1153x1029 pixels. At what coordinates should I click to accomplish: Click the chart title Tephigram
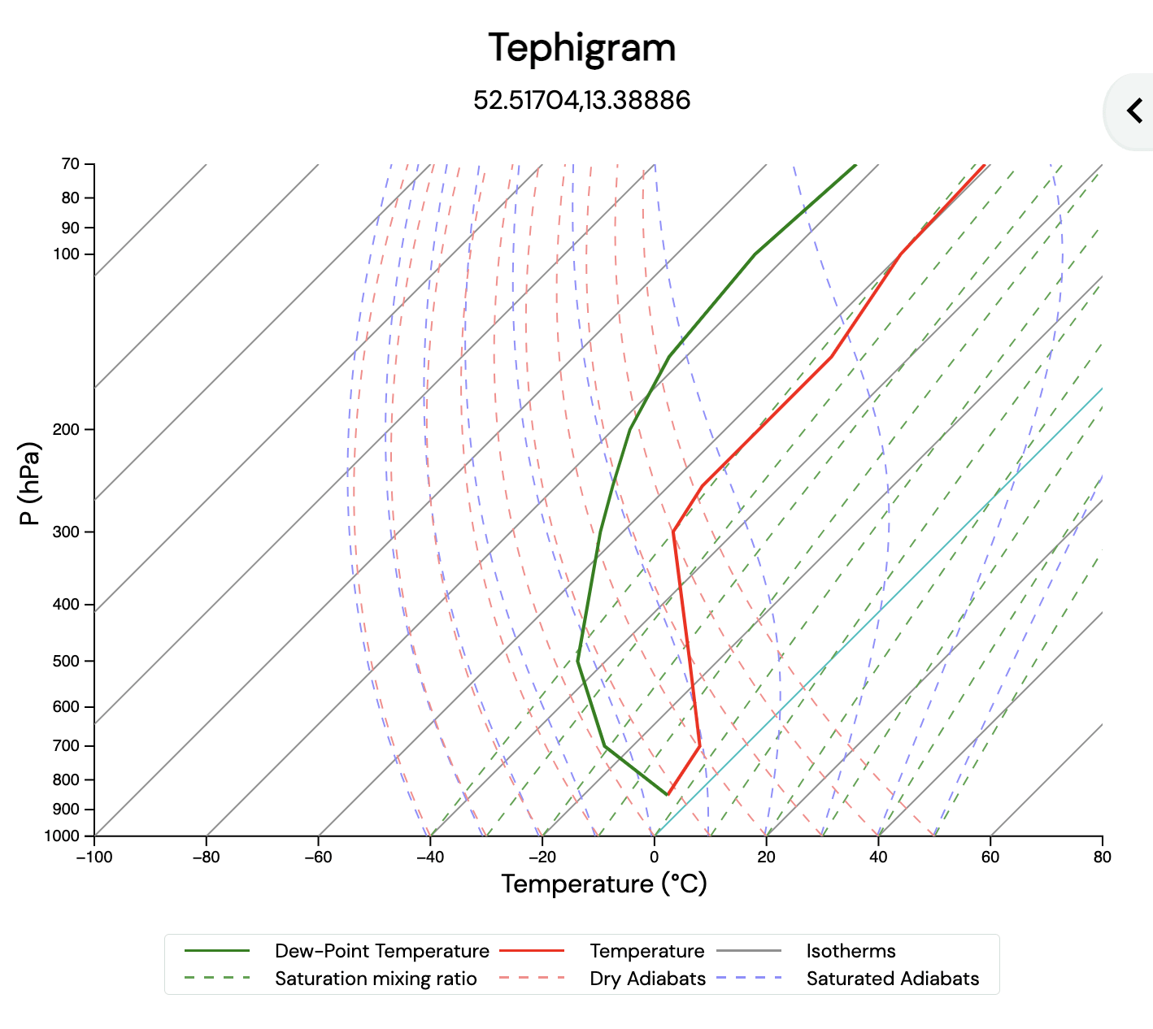point(581,48)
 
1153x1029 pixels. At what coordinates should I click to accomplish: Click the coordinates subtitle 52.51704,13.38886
point(581,101)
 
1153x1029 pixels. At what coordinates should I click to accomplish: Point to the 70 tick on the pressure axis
point(71,164)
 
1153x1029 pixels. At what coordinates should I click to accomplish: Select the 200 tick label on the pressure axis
point(67,429)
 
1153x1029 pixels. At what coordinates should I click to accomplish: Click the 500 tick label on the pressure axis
point(67,662)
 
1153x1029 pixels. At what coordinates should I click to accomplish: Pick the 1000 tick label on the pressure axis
point(63,836)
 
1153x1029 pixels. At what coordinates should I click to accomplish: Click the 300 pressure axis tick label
point(67,532)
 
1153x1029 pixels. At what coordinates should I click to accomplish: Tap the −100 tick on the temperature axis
point(94,857)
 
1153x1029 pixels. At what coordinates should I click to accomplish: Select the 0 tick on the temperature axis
point(654,857)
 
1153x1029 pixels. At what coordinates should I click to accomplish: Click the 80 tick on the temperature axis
point(1102,857)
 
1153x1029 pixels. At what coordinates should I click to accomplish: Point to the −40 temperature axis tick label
point(430,857)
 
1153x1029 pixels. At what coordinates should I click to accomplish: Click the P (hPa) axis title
point(30,483)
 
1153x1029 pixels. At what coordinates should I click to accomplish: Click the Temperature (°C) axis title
point(603,884)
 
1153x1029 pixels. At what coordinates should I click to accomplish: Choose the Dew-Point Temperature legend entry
point(381,951)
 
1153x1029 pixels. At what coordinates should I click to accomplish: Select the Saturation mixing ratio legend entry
point(375,979)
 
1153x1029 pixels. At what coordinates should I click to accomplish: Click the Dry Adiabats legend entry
point(647,979)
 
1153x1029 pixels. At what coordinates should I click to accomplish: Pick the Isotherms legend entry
point(851,951)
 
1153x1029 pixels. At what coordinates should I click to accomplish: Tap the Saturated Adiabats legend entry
point(892,979)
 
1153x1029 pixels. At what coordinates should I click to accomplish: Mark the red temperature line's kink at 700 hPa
point(699,745)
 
